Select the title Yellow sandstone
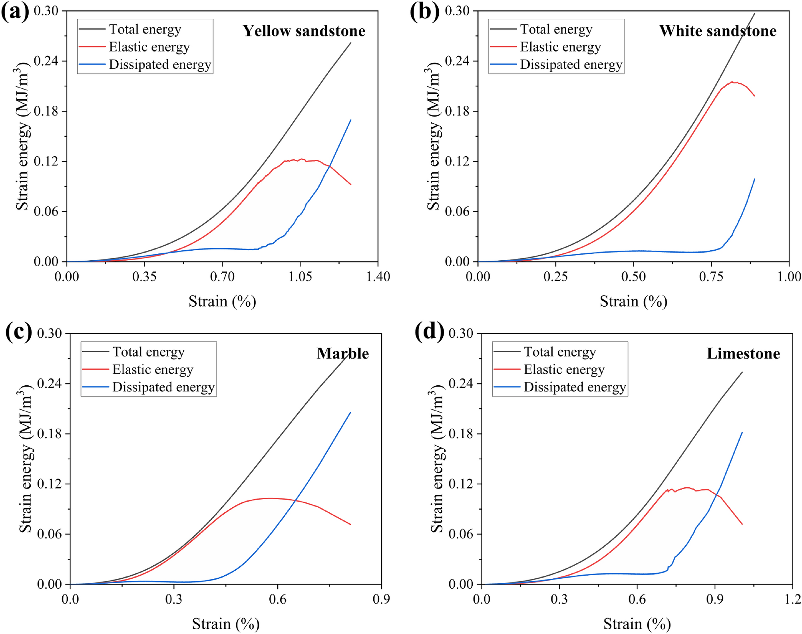(x=304, y=31)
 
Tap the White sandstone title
(x=718, y=31)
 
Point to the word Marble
(x=342, y=354)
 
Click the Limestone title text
(x=743, y=354)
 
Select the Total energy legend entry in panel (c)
(x=148, y=352)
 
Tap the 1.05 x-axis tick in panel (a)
(x=300, y=277)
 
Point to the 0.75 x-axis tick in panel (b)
(x=711, y=277)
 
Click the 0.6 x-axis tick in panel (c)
(x=277, y=599)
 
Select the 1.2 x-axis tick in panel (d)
(x=791, y=599)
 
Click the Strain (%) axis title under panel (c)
(x=226, y=624)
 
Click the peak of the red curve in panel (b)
(x=732, y=82)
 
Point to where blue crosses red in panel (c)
(x=295, y=500)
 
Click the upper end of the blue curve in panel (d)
(x=742, y=432)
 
